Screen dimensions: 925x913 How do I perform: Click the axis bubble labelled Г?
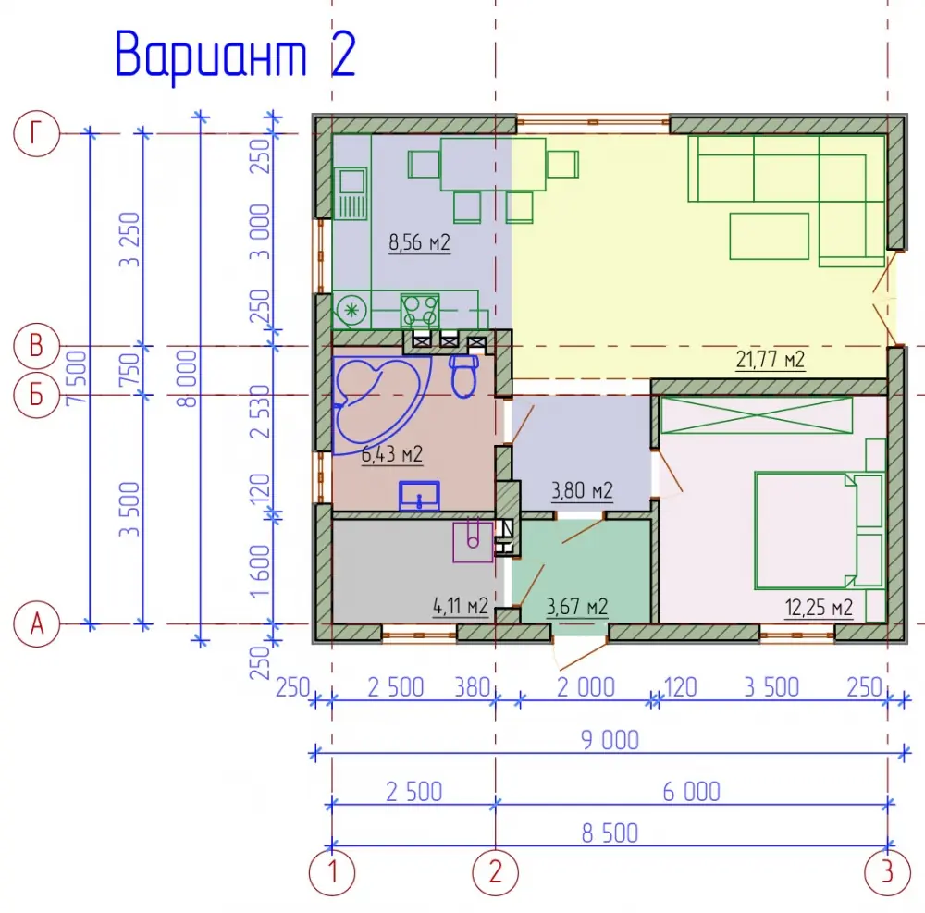pos(37,133)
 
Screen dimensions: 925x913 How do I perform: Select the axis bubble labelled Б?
pos(37,395)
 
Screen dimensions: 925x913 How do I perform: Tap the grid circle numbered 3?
pos(887,871)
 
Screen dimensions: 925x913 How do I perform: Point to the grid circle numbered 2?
pos(496,871)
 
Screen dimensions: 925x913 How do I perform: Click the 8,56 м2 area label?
pos(419,242)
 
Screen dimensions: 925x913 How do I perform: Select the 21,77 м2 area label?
pos(770,359)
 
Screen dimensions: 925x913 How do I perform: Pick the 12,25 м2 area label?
pos(819,608)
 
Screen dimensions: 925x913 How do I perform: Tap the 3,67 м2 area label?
pos(576,607)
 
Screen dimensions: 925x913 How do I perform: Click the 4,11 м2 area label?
pos(460,606)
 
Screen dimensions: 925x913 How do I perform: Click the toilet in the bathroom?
pos(463,375)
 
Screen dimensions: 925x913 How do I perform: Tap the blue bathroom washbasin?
pos(419,496)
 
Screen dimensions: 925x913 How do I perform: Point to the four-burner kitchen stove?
pos(419,311)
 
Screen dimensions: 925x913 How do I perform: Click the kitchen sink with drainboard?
pos(351,193)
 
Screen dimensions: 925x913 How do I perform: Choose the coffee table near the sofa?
pos(770,236)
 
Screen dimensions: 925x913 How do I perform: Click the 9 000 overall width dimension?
pos(610,741)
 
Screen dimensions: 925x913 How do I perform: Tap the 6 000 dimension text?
pos(691,792)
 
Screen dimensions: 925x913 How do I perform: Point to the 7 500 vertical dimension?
pos(76,378)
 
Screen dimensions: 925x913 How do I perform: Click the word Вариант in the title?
pos(211,56)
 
